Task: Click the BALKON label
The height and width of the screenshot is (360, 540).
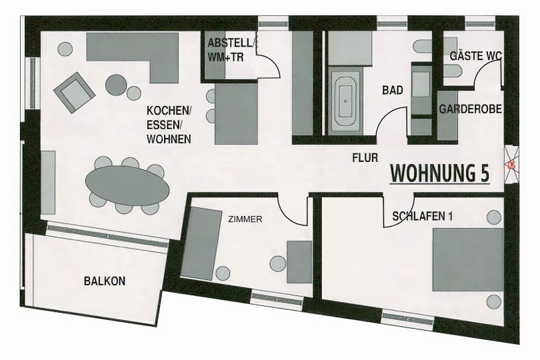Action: point(105,281)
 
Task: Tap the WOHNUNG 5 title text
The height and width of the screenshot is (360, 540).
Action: point(440,173)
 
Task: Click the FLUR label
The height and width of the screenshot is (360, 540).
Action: point(365,158)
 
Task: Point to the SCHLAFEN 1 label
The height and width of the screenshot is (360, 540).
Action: point(422,216)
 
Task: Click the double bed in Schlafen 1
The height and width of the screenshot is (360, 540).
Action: point(468,260)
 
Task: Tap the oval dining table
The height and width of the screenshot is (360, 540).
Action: point(127,185)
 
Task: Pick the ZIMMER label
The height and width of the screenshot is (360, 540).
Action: point(245,219)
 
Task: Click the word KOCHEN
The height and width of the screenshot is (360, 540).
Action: point(168,111)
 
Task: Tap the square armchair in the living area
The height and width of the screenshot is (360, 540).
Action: point(74,91)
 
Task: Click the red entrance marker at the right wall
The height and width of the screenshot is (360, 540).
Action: point(512,164)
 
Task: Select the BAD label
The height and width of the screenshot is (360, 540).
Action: point(393,90)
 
